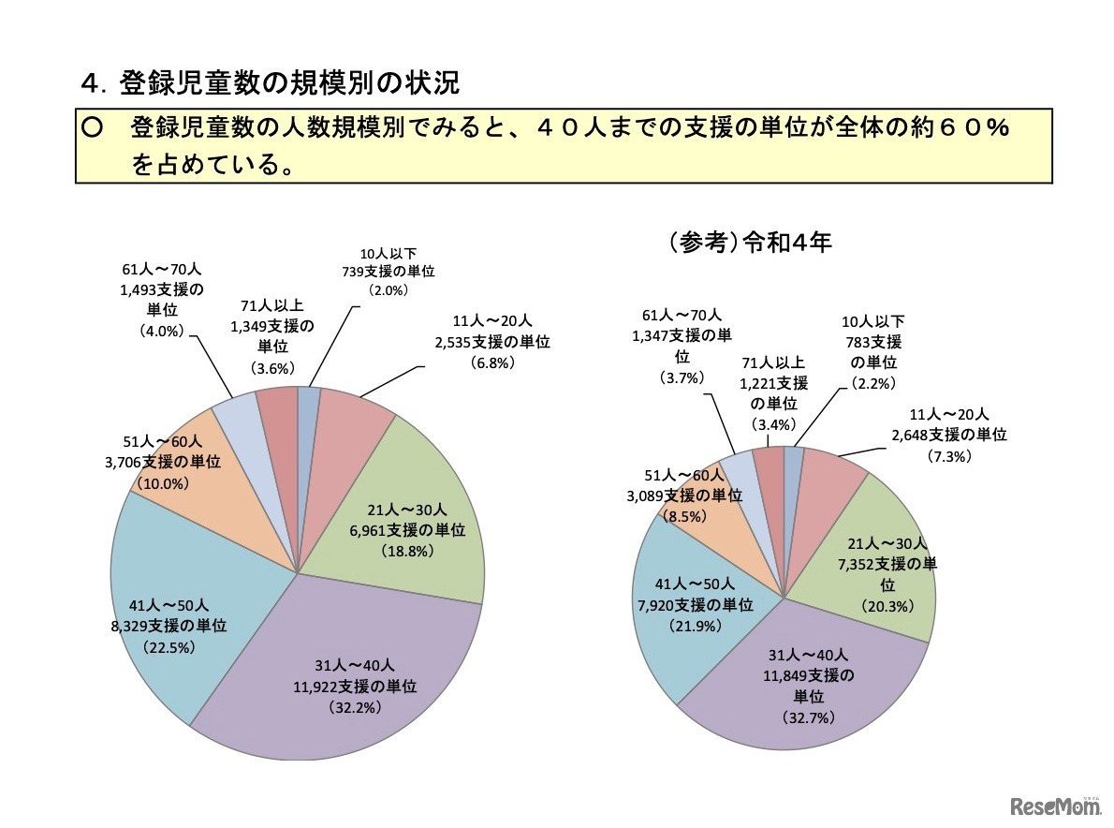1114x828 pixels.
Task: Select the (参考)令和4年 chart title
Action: point(750,243)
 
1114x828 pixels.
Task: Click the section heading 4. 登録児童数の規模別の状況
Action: point(271,84)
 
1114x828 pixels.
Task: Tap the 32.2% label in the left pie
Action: point(353,707)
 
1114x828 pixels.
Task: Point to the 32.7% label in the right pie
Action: point(808,717)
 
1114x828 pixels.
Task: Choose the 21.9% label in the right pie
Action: point(696,626)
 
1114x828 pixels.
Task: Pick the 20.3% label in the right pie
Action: point(887,605)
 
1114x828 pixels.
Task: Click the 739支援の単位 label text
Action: point(388,271)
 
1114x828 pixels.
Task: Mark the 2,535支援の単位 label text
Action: point(492,342)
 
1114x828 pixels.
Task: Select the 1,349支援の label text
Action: point(271,326)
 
